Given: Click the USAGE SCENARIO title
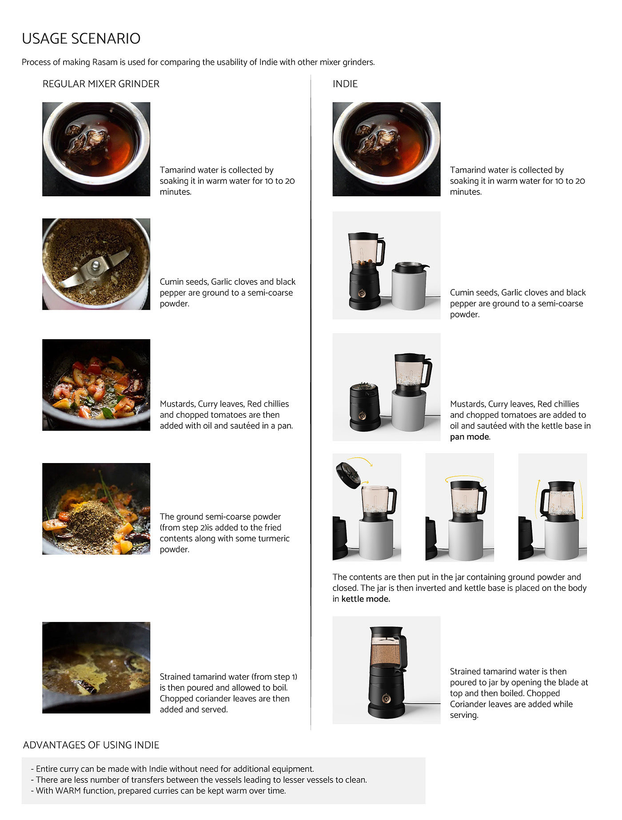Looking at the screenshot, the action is click(81, 39).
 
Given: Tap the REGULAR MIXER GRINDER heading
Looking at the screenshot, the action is click(101, 84).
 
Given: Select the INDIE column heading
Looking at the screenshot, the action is click(345, 84).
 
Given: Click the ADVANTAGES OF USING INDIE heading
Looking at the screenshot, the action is click(91, 745).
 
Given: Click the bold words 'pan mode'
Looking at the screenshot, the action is click(470, 437).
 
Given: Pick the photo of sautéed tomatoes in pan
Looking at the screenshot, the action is click(96, 385).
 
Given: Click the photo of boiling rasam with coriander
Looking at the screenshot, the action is click(96, 668).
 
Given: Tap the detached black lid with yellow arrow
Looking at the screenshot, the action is click(348, 475).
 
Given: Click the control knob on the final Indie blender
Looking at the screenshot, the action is click(386, 698).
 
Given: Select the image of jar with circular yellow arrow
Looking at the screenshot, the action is click(460, 507).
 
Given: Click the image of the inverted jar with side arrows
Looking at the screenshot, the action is click(553, 507).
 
